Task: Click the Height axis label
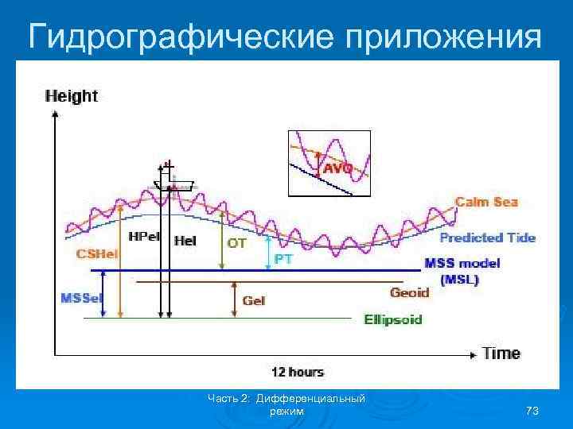(72, 96)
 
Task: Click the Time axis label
(501, 353)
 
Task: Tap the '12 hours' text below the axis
(298, 372)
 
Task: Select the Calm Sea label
(486, 202)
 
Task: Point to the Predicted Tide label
(487, 237)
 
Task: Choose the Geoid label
(409, 292)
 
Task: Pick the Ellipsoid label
(393, 319)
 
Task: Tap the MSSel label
(80, 298)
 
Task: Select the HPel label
(143, 237)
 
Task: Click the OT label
(237, 244)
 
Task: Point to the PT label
(283, 259)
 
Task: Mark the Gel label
(254, 301)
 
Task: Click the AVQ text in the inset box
(337, 168)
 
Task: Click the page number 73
(532, 411)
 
